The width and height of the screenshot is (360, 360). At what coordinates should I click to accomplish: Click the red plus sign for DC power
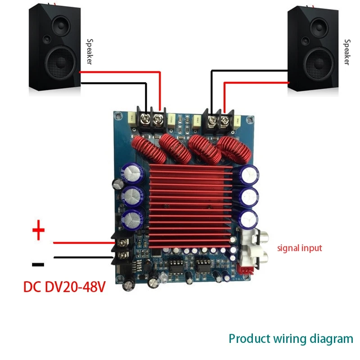pos(39,232)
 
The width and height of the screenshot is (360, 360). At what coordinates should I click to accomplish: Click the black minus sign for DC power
pos(38,264)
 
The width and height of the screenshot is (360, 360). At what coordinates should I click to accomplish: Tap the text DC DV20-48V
pos(64,286)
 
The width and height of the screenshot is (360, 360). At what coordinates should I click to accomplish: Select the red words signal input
pos(299,248)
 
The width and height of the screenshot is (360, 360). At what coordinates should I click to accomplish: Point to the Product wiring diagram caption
pos(291,338)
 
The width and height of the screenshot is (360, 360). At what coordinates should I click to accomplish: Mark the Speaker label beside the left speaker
pos(89,52)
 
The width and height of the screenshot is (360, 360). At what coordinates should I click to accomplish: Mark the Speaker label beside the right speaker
pos(346,52)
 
